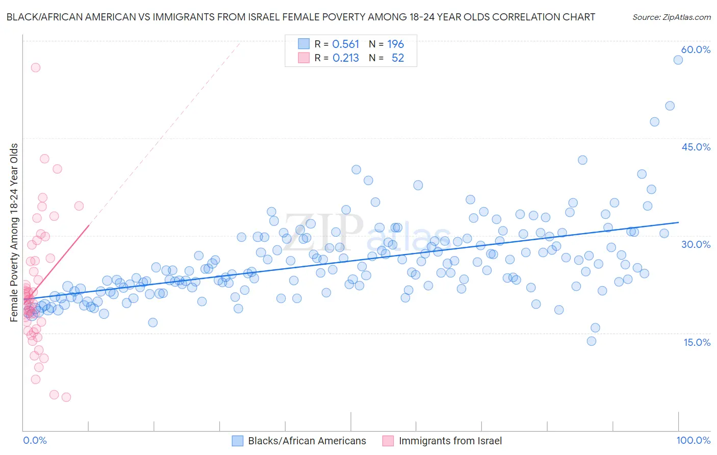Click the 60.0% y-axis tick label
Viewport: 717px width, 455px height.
[x=696, y=50]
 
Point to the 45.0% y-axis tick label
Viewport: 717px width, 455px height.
[x=696, y=147]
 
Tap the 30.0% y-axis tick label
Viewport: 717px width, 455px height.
[x=696, y=244]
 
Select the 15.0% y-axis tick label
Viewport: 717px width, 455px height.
[x=697, y=342]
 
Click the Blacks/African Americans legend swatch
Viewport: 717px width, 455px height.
[x=237, y=441]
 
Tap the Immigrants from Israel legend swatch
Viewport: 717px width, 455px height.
[x=388, y=441]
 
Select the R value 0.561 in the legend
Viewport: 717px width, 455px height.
[x=346, y=44]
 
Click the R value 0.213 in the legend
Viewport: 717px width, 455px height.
[x=346, y=58]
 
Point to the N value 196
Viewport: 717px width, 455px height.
[x=395, y=44]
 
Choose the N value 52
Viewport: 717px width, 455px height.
[x=398, y=58]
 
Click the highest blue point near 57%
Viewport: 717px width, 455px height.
[x=678, y=60]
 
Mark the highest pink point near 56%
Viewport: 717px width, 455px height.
[x=36, y=67]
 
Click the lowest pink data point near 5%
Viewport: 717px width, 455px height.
[x=66, y=397]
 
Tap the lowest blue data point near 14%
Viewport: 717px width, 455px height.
[x=592, y=341]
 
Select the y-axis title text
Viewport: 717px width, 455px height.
[x=14, y=233]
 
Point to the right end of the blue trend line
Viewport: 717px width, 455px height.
[x=678, y=222]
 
